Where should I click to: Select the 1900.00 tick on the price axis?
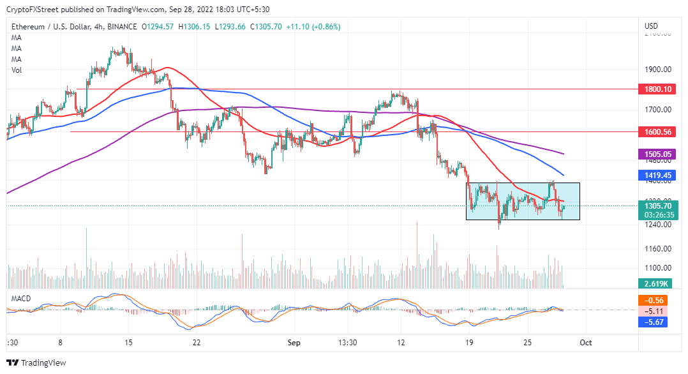point(657,69)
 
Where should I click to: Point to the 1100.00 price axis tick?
point(657,268)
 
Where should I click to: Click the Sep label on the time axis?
point(294,343)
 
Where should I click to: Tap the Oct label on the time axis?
point(586,343)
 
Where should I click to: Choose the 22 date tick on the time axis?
point(197,343)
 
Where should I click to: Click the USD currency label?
point(652,26)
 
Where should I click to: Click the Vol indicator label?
point(17,70)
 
